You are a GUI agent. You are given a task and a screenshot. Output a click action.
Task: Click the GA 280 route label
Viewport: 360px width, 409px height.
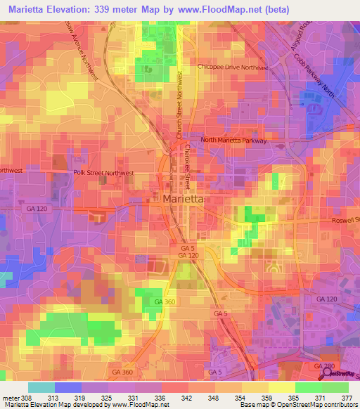click(x=323, y=367)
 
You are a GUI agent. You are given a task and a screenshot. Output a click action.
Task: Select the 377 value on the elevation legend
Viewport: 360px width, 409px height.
click(x=347, y=397)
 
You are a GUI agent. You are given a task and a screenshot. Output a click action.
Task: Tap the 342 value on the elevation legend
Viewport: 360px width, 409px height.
click(x=187, y=397)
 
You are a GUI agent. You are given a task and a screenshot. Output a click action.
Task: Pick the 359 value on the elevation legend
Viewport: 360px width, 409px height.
click(x=266, y=397)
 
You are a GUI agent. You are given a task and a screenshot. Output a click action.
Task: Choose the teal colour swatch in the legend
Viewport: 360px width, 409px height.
click(x=41, y=387)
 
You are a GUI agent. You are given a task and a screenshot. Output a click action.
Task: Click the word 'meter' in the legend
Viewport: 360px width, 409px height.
click(x=10, y=397)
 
